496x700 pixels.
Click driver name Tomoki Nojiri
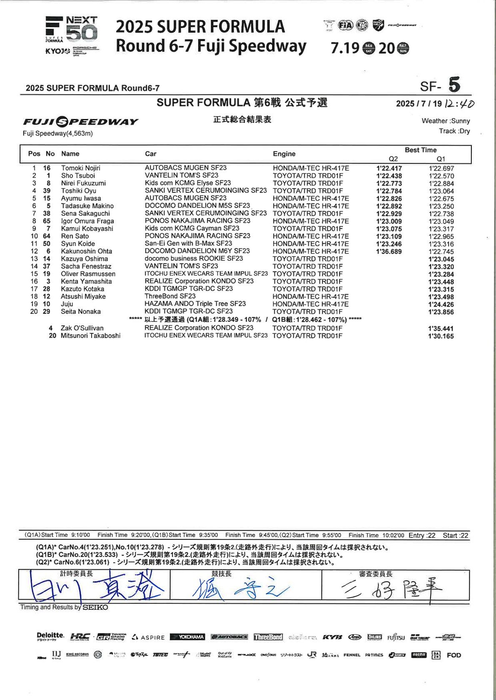pos(80,168)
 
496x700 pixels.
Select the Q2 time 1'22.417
pos(389,169)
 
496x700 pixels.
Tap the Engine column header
pos(284,154)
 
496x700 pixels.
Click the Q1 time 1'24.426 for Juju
pos(441,305)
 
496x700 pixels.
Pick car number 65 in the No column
pos(47,221)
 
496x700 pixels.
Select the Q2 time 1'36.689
pos(389,252)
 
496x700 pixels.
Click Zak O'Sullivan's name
pos(82,328)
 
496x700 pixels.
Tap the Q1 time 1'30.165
pos(441,336)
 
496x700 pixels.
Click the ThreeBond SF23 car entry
pos(170,296)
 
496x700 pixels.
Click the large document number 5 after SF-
pos(454,85)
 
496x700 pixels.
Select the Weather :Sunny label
pos(446,121)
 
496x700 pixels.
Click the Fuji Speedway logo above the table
pos(80,122)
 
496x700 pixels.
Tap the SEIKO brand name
pos(95,608)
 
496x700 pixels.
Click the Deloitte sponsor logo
pos(50,636)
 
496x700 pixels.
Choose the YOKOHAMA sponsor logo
pos(187,637)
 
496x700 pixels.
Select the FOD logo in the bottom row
pos(454,655)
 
